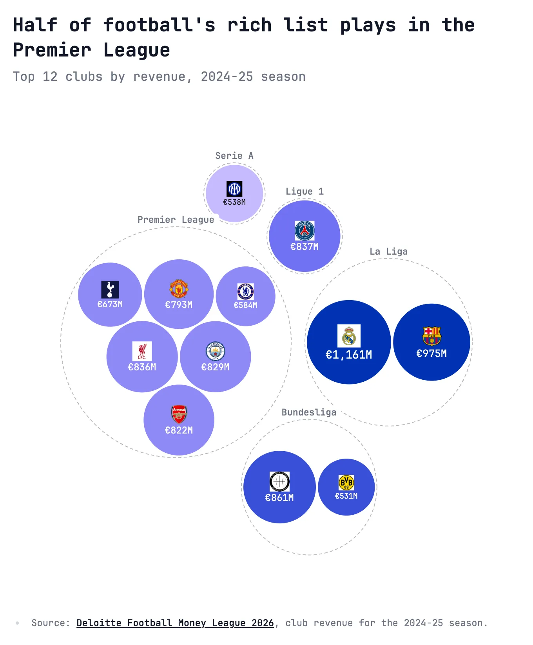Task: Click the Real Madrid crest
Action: [x=349, y=336]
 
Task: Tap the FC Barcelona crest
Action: [x=431, y=336]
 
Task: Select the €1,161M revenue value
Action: [x=349, y=355]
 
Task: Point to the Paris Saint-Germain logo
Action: [x=305, y=230]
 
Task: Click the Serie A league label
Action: [x=234, y=156]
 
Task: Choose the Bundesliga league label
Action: [x=309, y=412]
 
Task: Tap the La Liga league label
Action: [x=388, y=251]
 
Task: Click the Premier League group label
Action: [x=176, y=220]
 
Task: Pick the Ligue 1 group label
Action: [x=305, y=191]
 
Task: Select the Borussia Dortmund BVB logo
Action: [x=346, y=483]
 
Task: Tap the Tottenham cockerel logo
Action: [x=110, y=290]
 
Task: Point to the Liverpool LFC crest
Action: [x=142, y=351]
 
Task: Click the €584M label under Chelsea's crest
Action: [x=245, y=305]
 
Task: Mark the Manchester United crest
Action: [x=179, y=289]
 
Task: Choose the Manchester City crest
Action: [x=215, y=351]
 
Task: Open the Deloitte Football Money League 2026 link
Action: [x=175, y=623]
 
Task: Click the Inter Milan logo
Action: [x=234, y=189]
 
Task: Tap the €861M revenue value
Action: [x=279, y=498]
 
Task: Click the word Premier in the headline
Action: [x=52, y=50]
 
